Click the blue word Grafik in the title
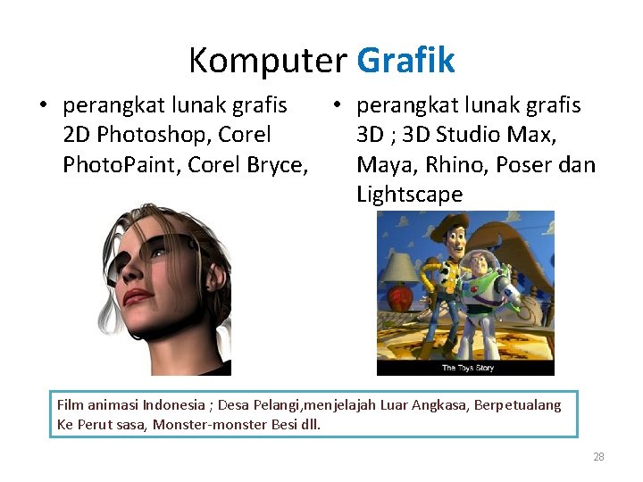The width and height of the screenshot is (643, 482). pyautogui.click(x=405, y=61)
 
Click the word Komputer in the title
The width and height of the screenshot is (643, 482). pyautogui.click(x=267, y=61)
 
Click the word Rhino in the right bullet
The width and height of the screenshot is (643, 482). pyautogui.click(x=453, y=165)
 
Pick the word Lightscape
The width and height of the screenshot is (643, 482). pyautogui.click(x=409, y=195)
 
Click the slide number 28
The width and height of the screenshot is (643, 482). pyautogui.click(x=598, y=457)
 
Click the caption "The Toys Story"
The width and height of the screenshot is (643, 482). pyautogui.click(x=465, y=368)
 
